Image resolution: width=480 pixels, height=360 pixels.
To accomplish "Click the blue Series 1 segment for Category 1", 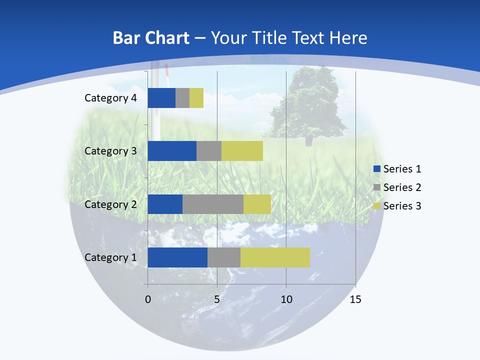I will (x=177, y=257).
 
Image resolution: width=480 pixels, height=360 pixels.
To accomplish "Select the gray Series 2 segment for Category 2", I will (x=213, y=204).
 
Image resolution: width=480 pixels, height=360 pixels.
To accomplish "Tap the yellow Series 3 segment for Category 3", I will (x=242, y=151).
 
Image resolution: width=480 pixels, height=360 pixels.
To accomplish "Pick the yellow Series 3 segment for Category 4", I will (x=196, y=98).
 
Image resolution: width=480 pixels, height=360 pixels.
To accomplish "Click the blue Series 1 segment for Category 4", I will (x=161, y=98).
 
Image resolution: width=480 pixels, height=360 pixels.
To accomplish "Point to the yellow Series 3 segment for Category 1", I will (x=275, y=257).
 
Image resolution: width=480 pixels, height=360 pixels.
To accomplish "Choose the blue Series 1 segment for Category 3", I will (x=172, y=151).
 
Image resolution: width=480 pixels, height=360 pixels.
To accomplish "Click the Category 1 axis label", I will (x=110, y=257).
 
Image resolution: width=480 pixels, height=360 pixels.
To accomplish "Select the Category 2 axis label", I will (x=110, y=204).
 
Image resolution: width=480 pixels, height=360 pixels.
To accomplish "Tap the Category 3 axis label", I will (x=110, y=151).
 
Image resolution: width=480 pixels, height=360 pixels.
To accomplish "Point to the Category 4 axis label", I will (x=110, y=98).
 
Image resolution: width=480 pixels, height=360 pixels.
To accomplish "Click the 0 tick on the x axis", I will (x=147, y=300).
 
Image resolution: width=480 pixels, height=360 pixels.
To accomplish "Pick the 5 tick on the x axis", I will (x=217, y=300).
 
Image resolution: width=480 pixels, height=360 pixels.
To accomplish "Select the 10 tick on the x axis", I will (x=286, y=300).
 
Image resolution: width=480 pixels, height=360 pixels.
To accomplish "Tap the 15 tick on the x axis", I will (x=355, y=300).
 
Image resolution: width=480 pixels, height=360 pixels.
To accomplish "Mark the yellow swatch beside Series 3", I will (x=377, y=206).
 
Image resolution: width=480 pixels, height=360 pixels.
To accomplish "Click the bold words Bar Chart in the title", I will (x=151, y=38).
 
